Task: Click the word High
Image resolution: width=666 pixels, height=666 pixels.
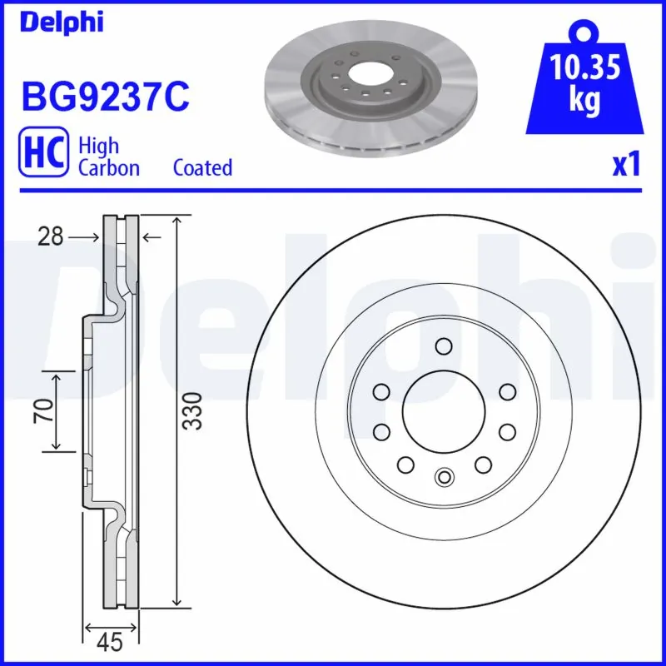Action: click(98, 146)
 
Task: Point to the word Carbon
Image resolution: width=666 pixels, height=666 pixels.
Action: click(109, 167)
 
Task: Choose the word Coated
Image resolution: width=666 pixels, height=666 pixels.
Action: click(202, 167)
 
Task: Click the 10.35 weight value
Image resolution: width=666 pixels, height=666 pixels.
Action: click(585, 67)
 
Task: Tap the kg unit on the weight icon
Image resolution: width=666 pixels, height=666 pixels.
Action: click(585, 101)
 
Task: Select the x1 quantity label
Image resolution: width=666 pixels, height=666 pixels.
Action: click(626, 165)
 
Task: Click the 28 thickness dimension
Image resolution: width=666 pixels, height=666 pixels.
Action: click(50, 238)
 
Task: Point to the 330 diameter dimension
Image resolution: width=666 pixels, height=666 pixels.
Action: click(192, 410)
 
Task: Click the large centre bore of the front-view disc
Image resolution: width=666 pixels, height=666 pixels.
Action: click(443, 410)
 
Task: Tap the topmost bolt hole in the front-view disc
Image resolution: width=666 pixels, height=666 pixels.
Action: click(443, 346)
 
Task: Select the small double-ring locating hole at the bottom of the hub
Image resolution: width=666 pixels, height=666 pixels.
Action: click(443, 476)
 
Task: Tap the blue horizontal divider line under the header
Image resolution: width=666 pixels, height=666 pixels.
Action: click(333, 191)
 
